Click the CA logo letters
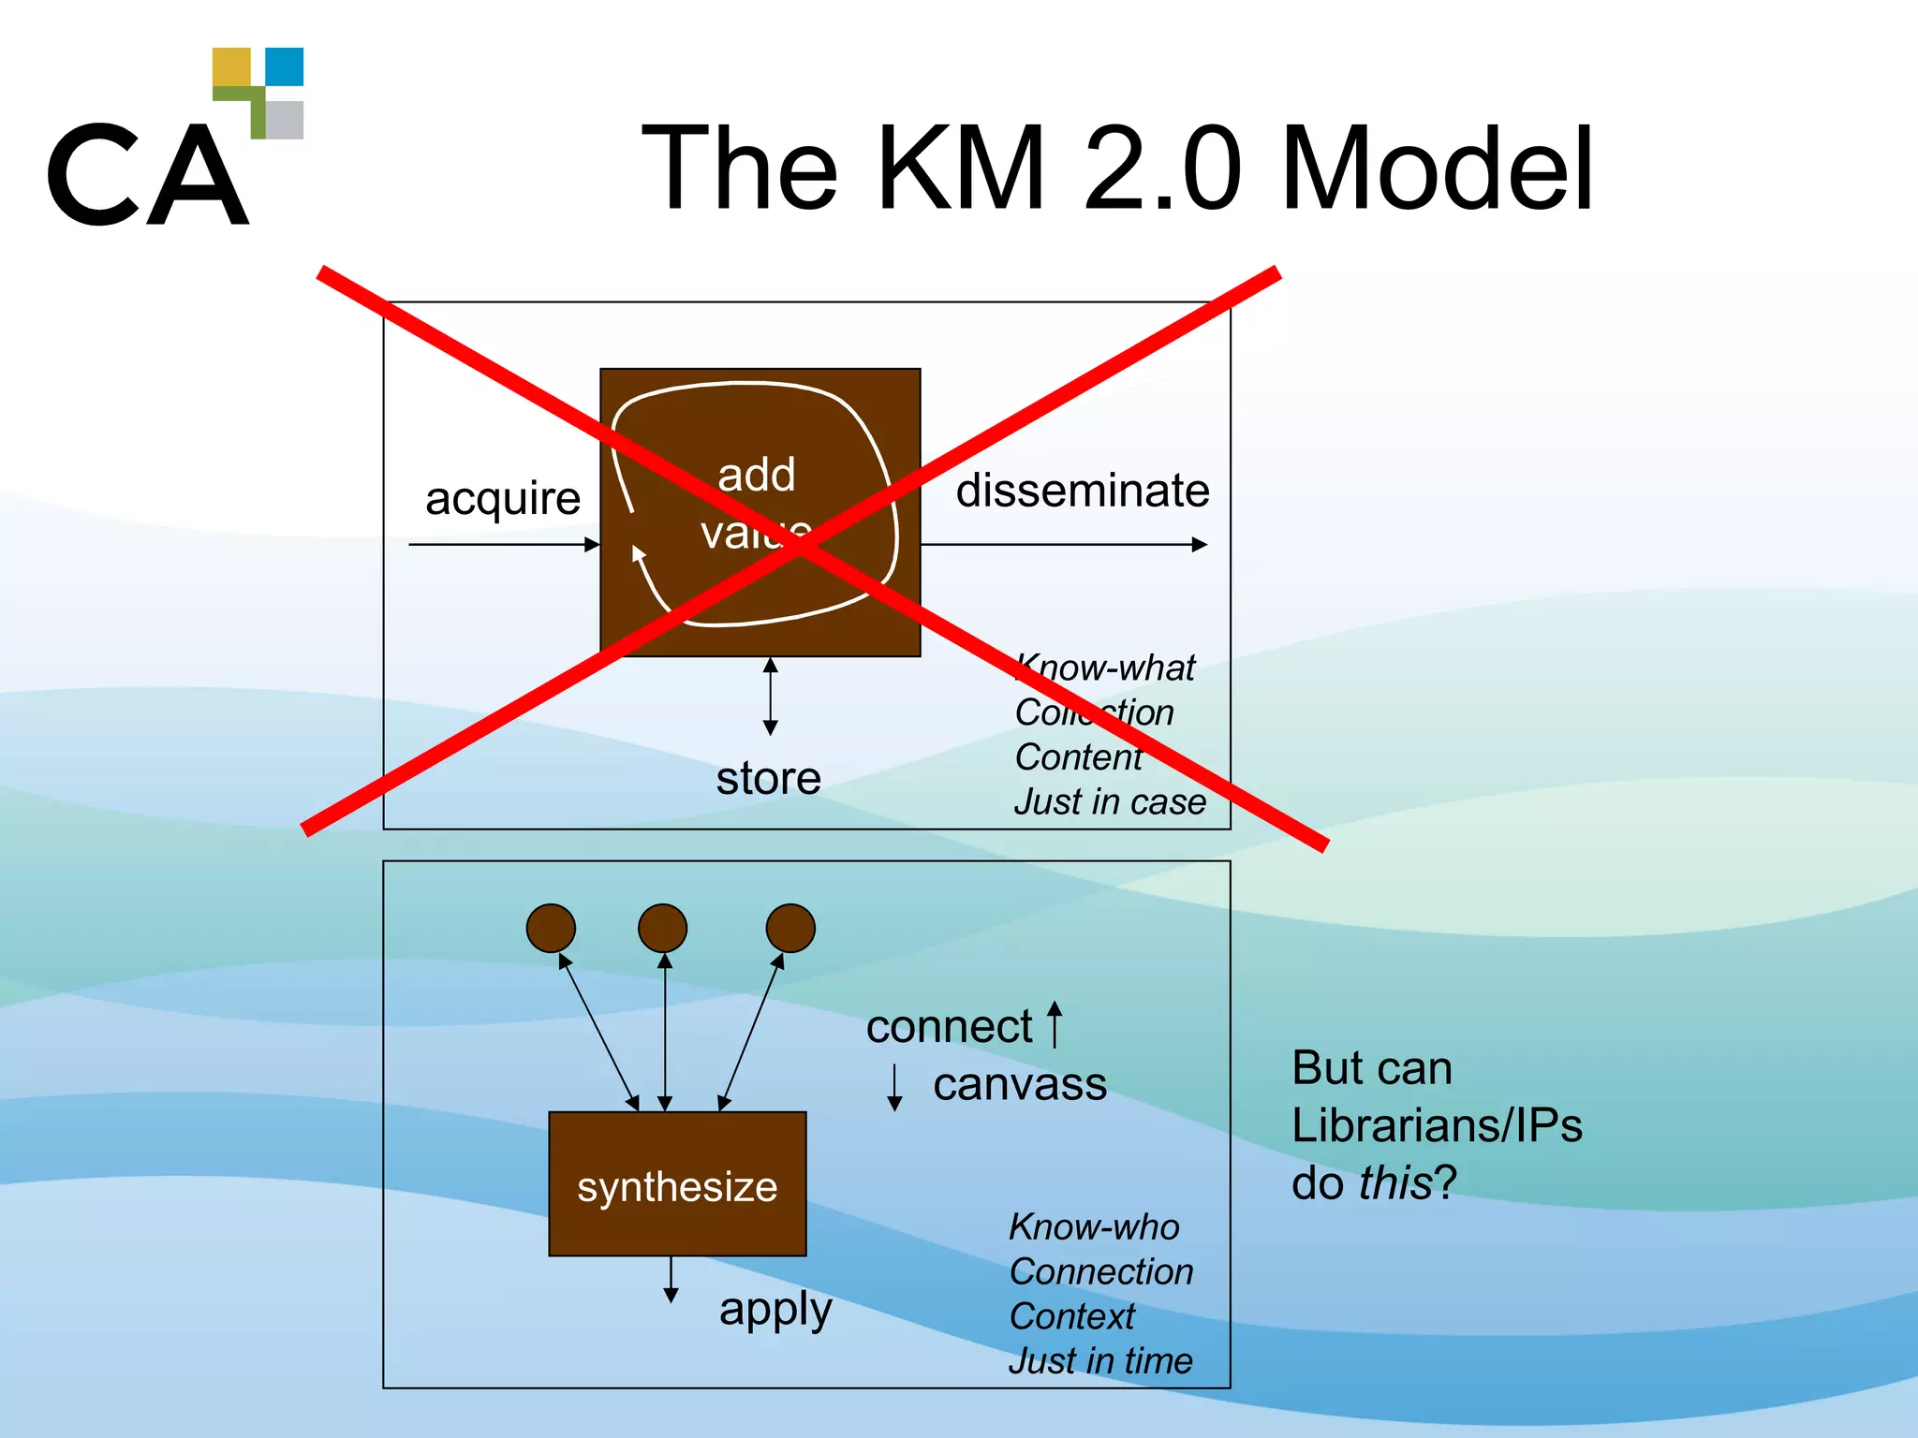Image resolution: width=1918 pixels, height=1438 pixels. click(148, 175)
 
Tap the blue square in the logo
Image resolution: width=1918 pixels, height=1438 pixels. click(284, 67)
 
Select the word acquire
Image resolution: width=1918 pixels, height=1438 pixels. click(502, 497)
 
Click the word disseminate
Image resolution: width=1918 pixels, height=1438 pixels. click(1082, 491)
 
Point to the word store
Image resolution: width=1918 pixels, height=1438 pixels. click(768, 778)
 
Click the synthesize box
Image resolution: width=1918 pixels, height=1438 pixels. click(677, 1184)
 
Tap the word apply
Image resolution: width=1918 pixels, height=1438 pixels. click(775, 1309)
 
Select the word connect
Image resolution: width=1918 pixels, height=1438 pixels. click(948, 1027)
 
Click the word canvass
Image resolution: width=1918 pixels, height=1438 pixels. click(1019, 1084)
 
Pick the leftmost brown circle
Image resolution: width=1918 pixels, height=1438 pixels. click(551, 928)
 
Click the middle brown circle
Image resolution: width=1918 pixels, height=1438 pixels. click(662, 928)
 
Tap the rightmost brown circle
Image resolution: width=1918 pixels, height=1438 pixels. click(789, 928)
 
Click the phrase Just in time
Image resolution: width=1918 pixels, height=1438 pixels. click(1099, 1360)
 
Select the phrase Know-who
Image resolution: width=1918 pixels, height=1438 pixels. click(1093, 1226)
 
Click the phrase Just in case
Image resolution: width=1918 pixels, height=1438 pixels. click(1109, 802)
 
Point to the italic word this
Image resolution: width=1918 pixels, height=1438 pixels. click(1394, 1182)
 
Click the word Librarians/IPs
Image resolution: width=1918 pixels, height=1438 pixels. click(1436, 1124)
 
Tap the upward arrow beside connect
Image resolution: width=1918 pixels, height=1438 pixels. click(1055, 1023)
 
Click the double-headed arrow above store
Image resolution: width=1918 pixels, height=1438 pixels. click(770, 696)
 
